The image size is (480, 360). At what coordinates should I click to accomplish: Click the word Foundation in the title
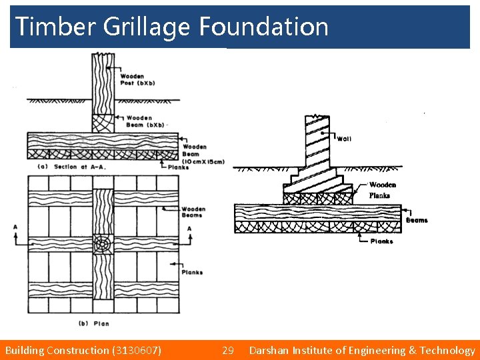[263, 27]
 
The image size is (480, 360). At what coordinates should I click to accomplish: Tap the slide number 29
[228, 350]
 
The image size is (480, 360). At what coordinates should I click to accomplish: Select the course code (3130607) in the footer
[137, 350]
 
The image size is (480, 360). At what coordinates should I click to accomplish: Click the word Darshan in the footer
[272, 350]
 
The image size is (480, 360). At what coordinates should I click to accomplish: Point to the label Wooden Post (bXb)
[131, 79]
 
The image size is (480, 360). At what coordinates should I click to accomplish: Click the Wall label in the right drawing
[344, 139]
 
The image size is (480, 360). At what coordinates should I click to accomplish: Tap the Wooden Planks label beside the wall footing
[383, 190]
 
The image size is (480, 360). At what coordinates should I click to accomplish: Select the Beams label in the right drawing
[417, 220]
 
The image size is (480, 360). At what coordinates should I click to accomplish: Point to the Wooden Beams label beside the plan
[193, 212]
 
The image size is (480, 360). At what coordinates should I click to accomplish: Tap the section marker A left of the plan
[15, 227]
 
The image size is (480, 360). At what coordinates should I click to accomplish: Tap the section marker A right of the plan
[189, 228]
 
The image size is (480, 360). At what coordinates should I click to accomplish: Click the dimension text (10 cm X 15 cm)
[203, 161]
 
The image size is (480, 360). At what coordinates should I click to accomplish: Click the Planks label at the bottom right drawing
[381, 241]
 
